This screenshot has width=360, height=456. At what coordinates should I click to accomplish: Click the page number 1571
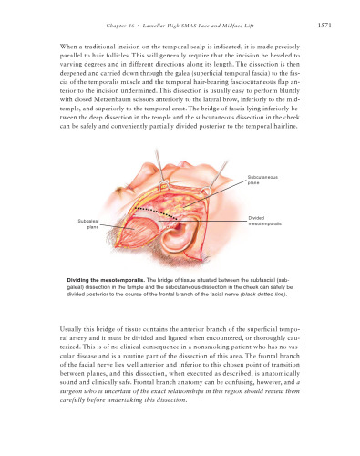pyautogui.click(x=334, y=26)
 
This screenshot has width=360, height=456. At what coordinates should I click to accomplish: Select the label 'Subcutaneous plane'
pyautogui.click(x=262, y=179)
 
